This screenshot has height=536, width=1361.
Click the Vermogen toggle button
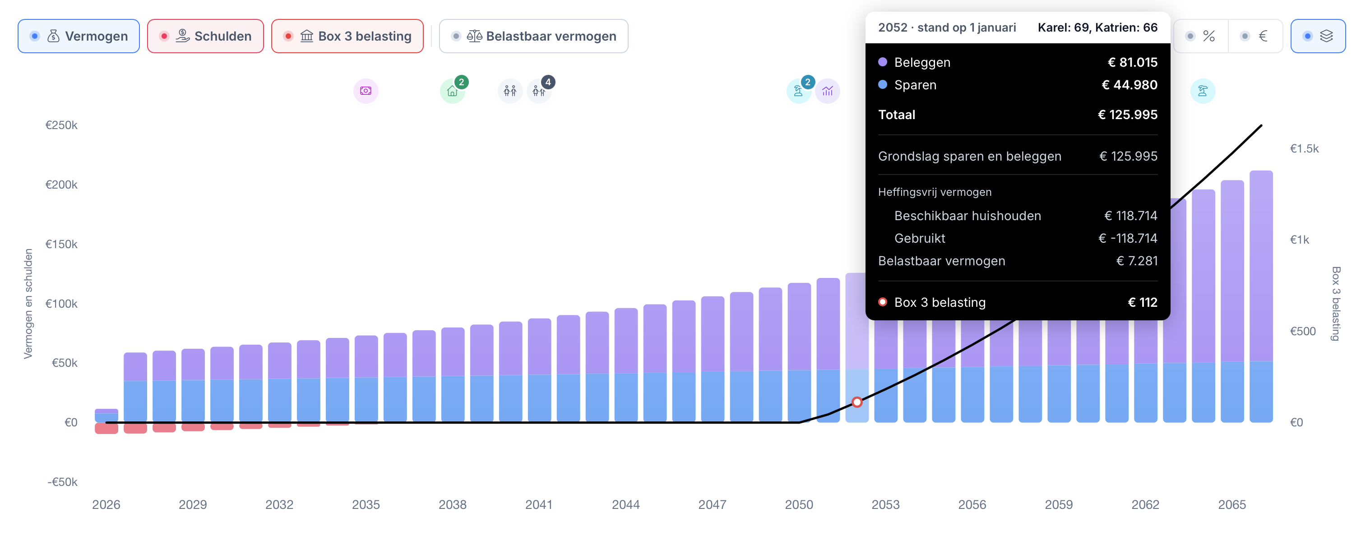(79, 36)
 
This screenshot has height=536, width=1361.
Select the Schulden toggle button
(205, 36)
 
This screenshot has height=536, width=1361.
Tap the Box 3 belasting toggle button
(347, 36)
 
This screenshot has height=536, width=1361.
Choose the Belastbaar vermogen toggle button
(534, 36)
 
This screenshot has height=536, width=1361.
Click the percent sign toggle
(1201, 36)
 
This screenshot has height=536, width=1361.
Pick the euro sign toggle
(1256, 36)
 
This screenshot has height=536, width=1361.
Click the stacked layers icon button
(1318, 36)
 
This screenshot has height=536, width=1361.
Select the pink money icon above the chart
(366, 91)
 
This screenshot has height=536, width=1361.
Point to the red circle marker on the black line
(857, 402)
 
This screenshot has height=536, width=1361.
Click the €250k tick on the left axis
(61, 125)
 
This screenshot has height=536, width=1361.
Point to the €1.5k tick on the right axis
(1304, 148)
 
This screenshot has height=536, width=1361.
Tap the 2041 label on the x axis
(539, 504)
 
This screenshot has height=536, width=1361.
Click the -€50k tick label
(62, 481)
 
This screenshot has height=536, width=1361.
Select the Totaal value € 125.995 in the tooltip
(1128, 115)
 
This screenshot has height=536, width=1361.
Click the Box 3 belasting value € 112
(1142, 302)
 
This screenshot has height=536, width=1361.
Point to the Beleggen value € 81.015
(1132, 62)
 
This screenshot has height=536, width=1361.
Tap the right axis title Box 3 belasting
(1336, 304)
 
